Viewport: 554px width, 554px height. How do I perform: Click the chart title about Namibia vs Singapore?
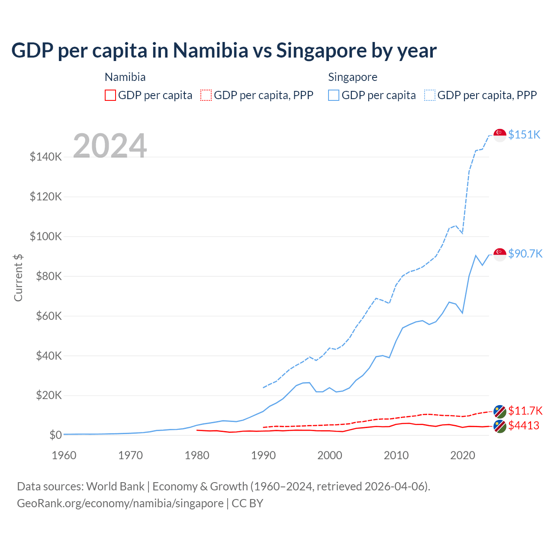click(224, 50)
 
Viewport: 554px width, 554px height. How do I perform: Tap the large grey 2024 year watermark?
click(110, 145)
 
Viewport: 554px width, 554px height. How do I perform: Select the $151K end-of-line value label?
click(524, 135)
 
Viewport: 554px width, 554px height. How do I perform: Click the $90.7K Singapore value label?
click(525, 253)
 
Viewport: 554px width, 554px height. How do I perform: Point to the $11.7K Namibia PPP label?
click(525, 410)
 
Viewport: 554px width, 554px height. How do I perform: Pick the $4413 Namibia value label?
click(524, 425)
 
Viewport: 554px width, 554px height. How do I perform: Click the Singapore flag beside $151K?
click(500, 135)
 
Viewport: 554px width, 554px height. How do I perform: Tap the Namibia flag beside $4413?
click(500, 426)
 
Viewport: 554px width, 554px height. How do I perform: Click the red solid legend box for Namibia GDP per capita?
click(110, 95)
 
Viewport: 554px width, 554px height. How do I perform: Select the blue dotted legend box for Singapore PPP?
click(430, 95)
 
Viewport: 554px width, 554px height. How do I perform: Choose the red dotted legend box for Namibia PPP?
click(206, 95)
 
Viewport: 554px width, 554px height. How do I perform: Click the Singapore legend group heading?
click(353, 77)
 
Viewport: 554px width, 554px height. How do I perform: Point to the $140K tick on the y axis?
click(46, 157)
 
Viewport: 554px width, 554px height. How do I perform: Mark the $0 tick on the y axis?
click(55, 435)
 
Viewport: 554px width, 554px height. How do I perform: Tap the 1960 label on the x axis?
click(64, 455)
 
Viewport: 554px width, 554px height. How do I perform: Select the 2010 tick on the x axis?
click(396, 455)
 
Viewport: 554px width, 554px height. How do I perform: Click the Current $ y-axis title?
click(18, 277)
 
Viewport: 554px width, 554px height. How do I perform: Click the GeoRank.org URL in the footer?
click(120, 503)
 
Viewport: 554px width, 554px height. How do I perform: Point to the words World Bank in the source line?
click(115, 486)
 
